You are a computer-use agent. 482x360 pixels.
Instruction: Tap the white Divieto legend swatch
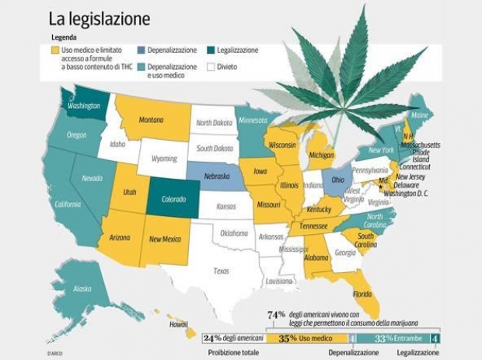[x=211, y=67]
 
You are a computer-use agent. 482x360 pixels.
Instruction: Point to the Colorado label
[x=174, y=199]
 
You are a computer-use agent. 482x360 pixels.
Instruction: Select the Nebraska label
[x=212, y=177]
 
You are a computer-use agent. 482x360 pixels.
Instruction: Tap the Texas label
[x=222, y=271]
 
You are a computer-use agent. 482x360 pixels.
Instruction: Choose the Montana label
[x=151, y=121]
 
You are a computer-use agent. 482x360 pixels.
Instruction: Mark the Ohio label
[x=337, y=180]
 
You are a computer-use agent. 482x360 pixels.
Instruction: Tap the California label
[x=67, y=204]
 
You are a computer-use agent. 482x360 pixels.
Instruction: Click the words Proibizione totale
[x=233, y=352]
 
